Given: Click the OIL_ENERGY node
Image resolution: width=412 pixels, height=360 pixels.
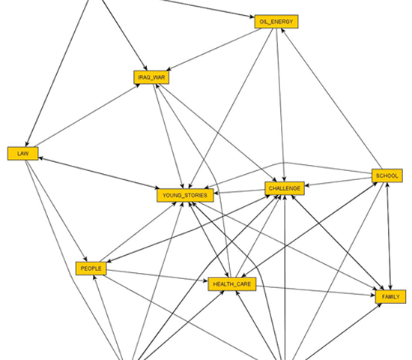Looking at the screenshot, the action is (276, 22).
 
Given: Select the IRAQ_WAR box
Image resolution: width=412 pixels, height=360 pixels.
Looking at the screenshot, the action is (151, 77).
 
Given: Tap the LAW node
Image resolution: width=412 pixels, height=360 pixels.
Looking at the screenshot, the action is (23, 154).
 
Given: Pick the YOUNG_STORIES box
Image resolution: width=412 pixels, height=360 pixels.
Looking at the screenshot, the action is (185, 195).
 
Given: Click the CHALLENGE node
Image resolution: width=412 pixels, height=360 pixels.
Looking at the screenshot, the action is (285, 188).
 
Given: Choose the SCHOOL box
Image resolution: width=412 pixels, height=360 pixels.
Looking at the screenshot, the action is (387, 175).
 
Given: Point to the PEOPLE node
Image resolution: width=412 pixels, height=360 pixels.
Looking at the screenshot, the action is (91, 268).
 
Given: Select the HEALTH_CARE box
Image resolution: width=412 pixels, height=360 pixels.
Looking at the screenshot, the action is (232, 284).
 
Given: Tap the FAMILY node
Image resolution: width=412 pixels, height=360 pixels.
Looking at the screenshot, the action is (391, 296).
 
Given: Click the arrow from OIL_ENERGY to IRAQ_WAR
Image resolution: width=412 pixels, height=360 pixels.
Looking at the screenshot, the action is (213, 49).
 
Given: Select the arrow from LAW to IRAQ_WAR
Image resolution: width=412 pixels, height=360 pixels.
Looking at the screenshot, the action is (87, 115).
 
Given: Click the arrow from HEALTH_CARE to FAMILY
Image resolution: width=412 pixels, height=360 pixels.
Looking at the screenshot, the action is (315, 290).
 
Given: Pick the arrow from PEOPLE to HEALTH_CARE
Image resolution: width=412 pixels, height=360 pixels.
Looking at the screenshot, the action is (157, 275).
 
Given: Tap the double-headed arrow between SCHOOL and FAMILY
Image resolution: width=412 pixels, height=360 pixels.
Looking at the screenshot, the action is (389, 236).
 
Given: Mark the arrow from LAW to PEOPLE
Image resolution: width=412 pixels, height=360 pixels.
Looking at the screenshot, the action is (56, 211).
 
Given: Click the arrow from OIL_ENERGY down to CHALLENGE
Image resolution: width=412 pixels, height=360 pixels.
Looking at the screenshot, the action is (280, 105).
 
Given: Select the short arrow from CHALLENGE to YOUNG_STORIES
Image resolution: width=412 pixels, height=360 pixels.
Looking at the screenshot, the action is (240, 191).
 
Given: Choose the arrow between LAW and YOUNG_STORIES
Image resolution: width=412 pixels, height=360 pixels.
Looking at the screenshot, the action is (99, 173).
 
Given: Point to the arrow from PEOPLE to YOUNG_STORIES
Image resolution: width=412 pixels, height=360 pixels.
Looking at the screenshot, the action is (138, 232).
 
